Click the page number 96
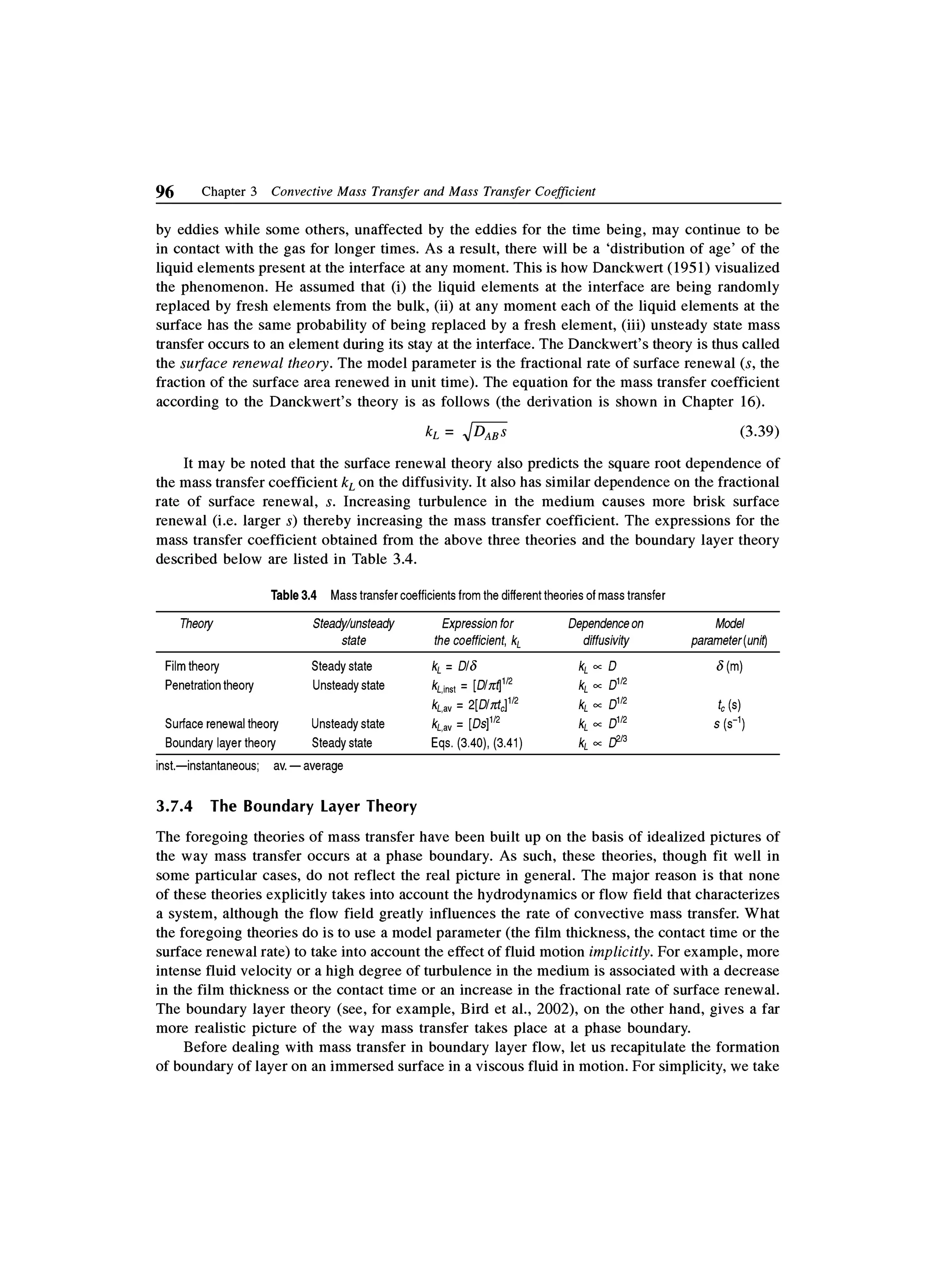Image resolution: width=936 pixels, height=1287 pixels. pos(165,192)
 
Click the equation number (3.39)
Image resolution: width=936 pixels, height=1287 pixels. pos(760,432)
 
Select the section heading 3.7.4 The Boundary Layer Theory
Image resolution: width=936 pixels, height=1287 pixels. pos(286,806)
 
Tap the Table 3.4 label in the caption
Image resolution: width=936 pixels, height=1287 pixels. pos(293,595)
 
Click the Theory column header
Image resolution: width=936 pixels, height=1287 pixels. pos(197,624)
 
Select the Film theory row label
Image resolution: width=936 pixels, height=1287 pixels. pos(192,666)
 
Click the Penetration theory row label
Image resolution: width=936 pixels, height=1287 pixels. pos(209,685)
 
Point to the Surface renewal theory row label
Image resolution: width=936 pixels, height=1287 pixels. pos(221,724)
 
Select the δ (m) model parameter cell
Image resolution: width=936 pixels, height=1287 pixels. pos(729,666)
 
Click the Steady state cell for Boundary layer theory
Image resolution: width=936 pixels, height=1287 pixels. pos(342,743)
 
